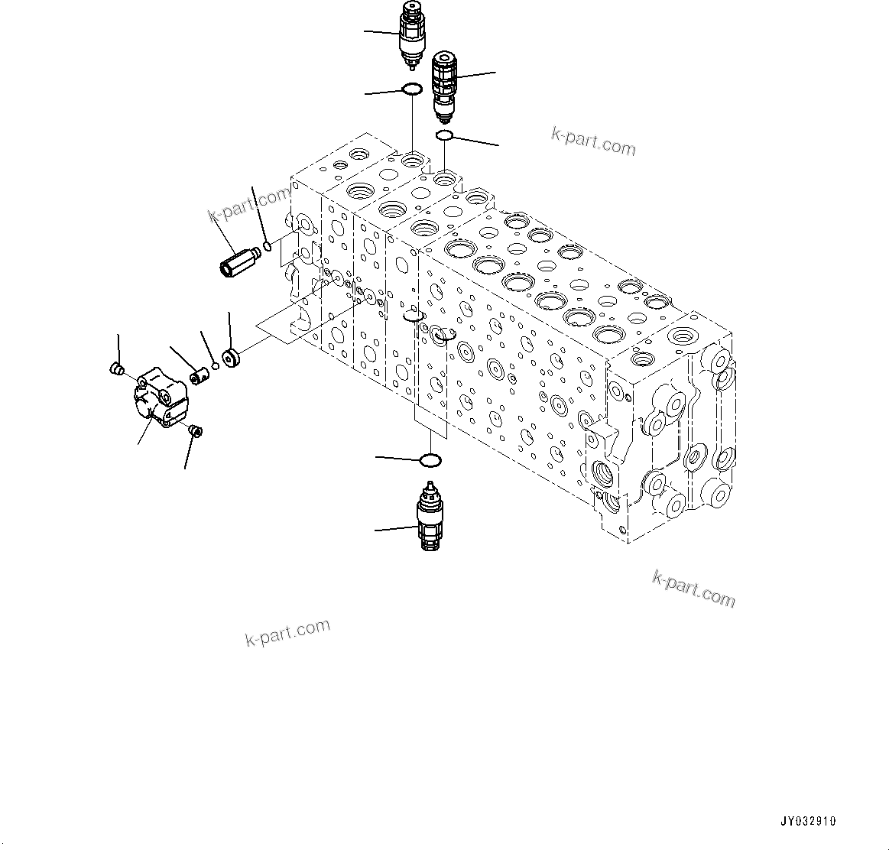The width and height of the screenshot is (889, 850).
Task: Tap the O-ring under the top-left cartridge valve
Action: [x=411, y=89]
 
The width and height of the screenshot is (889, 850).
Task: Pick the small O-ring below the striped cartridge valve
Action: [x=443, y=136]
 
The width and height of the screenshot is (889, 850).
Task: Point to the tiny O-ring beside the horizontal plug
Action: [x=267, y=245]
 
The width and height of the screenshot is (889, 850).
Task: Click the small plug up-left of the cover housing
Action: [x=117, y=370]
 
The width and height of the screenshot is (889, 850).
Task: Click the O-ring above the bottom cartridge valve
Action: [x=430, y=460]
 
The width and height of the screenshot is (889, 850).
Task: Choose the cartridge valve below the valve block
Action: [x=429, y=520]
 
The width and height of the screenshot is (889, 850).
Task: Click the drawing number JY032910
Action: [x=808, y=822]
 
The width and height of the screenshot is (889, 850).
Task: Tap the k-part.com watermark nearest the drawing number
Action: [x=693, y=589]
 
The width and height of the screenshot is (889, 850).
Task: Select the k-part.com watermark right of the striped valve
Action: [x=593, y=141]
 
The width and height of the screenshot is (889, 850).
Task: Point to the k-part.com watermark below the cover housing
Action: [x=287, y=632]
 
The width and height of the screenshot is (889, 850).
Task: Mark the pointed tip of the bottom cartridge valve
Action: [x=431, y=485]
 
